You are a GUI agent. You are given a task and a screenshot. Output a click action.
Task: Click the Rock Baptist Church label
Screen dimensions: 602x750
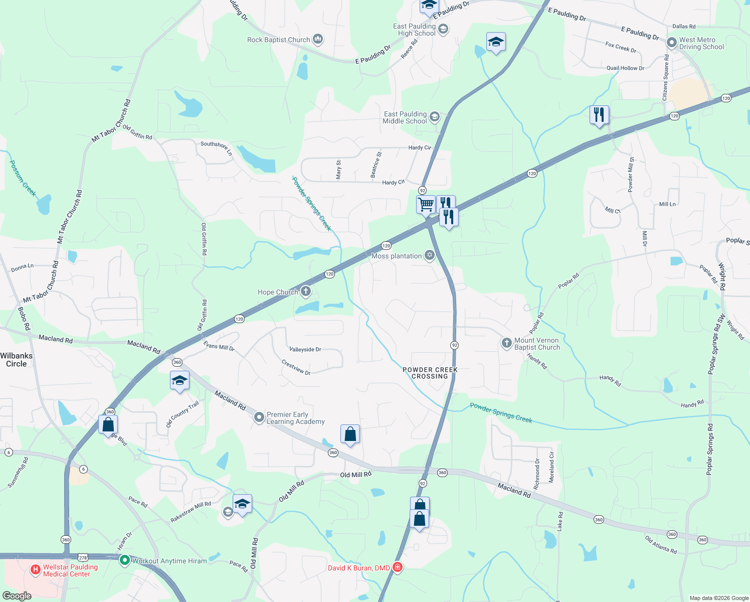point(278,40)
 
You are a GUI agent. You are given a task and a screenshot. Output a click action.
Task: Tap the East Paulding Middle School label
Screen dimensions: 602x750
point(405,117)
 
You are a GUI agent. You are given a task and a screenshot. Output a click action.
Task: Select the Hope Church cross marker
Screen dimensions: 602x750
point(305,291)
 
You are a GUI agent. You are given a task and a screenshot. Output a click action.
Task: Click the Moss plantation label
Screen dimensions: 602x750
point(397,256)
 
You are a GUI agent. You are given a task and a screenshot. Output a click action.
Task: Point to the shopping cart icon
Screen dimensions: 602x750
point(426,204)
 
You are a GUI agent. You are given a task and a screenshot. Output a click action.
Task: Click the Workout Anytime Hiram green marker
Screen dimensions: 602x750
point(124,560)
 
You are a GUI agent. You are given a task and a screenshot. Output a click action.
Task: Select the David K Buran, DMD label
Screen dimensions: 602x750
point(359,568)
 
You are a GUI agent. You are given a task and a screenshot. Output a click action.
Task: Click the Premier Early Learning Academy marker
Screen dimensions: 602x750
point(259,417)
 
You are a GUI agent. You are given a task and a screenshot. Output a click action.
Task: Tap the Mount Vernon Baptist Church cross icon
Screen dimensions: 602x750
point(506,343)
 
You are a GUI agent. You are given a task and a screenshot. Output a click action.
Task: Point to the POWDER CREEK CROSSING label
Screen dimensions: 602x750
point(430,373)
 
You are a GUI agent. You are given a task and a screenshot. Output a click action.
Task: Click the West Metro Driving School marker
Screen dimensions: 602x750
point(672,43)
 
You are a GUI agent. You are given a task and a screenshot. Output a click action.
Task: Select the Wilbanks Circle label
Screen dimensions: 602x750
point(17,360)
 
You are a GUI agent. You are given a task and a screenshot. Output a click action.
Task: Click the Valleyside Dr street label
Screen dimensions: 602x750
point(305,349)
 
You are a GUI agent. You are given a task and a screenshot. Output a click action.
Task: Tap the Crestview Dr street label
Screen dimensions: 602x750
point(296,367)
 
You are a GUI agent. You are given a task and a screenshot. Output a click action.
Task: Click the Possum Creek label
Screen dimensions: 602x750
point(23,178)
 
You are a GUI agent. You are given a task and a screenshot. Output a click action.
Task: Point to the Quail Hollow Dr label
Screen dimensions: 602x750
point(625,68)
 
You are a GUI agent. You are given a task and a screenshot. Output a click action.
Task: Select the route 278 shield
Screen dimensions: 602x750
point(83,557)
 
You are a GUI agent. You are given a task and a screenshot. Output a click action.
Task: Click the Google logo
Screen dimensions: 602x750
point(17,596)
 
